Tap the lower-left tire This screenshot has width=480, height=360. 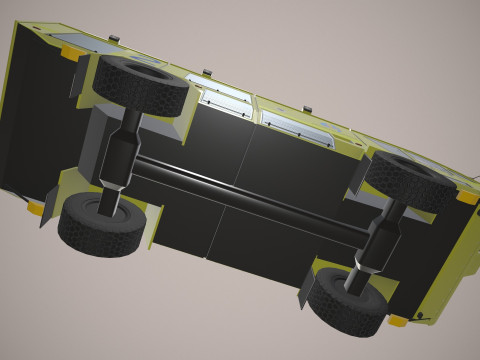coord(98,225)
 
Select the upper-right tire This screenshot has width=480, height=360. coord(410,180)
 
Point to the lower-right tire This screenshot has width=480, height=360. coord(345,300)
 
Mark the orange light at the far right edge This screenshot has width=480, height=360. coord(466,197)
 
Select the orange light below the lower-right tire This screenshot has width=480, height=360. coord(397,321)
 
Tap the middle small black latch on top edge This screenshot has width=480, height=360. coord(207,72)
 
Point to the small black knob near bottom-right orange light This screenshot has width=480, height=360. coord(419,318)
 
